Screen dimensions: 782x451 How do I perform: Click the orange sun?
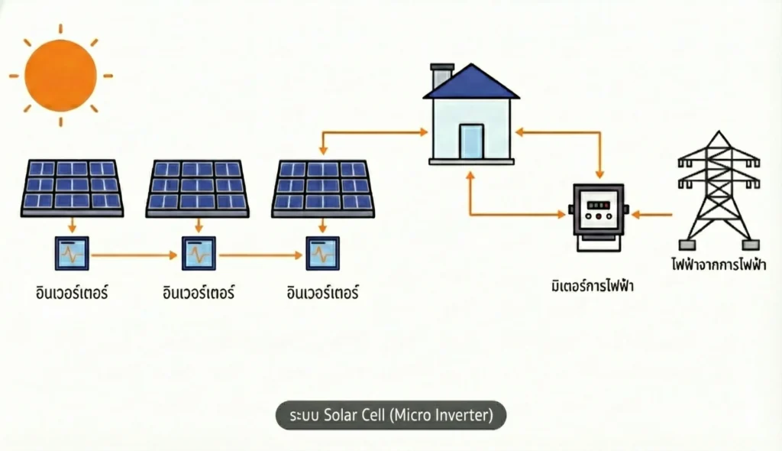[x=60, y=76]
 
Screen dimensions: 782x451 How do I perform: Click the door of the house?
[x=471, y=141]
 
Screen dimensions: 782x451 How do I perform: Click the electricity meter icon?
[x=599, y=216]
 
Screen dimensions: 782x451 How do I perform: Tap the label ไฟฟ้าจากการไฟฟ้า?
[x=719, y=264]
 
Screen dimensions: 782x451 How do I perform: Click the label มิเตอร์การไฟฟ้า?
[x=593, y=286]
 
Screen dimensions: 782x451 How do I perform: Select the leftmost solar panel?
[x=72, y=188]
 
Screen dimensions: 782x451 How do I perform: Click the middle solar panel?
[x=198, y=188]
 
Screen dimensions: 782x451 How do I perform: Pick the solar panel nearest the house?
[x=323, y=188]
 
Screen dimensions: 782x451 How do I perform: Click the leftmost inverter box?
[x=72, y=253]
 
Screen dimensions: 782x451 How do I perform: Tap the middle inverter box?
[x=199, y=253]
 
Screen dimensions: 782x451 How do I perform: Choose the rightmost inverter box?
[x=323, y=253]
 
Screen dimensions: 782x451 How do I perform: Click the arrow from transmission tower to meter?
[x=652, y=215]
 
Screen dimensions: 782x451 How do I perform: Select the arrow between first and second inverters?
[x=134, y=255]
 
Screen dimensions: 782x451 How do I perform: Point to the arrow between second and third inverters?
[x=261, y=255]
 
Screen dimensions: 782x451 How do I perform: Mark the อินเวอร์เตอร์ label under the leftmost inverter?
[x=72, y=292]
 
